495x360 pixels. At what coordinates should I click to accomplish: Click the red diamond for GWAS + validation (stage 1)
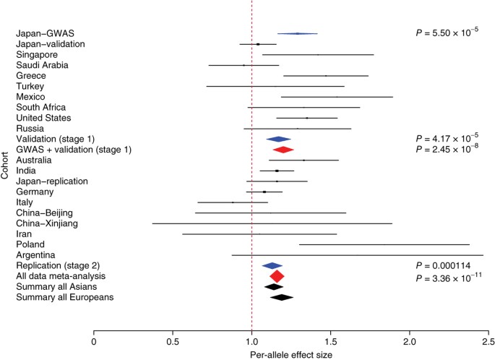(283, 150)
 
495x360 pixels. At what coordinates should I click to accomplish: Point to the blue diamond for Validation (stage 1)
(278, 139)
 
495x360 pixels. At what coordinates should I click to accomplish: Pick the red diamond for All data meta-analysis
(277, 276)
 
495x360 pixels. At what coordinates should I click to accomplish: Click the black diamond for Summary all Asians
(274, 286)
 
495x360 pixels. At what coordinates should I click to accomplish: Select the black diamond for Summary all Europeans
(282, 297)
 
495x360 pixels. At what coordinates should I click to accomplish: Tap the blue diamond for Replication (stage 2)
(272, 265)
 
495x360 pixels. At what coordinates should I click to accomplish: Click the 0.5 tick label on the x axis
(172, 341)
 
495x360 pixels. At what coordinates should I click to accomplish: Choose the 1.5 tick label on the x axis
(330, 341)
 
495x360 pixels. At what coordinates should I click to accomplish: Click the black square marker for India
(277, 171)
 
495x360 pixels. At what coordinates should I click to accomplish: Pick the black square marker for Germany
(264, 192)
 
